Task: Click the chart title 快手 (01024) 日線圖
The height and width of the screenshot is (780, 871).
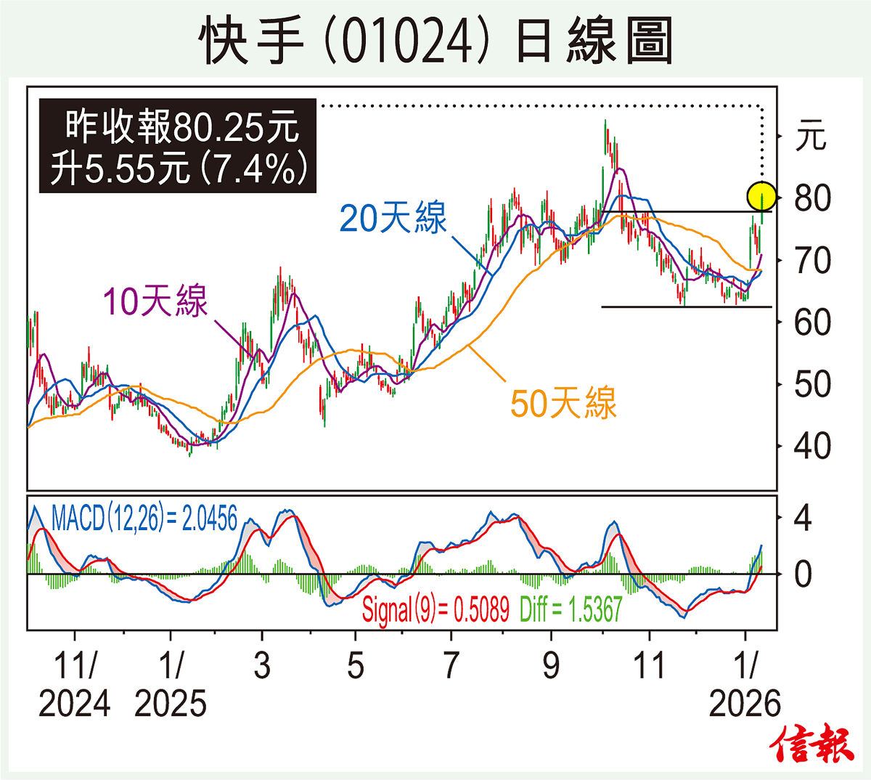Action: click(435, 41)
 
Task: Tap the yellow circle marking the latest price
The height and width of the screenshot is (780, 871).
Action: click(761, 196)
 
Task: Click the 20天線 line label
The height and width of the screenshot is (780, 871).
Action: click(393, 217)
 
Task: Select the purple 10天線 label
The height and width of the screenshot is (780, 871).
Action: click(155, 301)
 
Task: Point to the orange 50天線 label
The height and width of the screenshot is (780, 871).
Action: click(563, 403)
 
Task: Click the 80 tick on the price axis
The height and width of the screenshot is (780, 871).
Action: click(811, 198)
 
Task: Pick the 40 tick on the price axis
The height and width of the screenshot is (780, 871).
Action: click(811, 446)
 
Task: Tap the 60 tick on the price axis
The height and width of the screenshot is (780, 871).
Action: click(811, 322)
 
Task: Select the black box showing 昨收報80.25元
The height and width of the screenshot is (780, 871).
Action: click(178, 146)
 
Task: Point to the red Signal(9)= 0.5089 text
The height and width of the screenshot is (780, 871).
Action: click(435, 609)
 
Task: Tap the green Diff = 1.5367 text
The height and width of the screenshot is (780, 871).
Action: click(571, 609)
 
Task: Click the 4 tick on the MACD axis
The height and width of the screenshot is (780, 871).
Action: click(802, 518)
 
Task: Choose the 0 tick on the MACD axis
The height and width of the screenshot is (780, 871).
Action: click(802, 574)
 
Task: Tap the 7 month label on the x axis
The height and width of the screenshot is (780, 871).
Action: click(451, 665)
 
